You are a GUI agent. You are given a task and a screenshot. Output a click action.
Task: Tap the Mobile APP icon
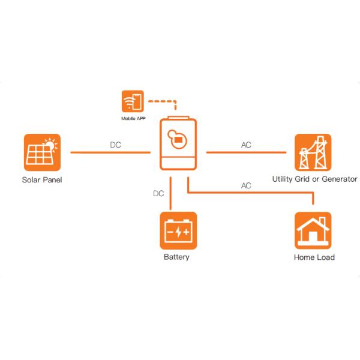coord(132,102)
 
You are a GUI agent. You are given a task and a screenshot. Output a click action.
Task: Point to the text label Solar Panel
coord(42,179)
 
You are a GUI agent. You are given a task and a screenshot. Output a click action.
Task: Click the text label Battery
coord(176,257)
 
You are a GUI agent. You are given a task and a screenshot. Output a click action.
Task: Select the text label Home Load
coord(314,257)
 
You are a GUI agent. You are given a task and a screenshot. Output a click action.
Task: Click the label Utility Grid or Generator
coord(314,179)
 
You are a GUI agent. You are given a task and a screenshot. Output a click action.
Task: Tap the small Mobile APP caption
coord(132,119)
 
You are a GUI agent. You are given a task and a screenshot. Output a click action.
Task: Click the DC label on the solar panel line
coord(116,145)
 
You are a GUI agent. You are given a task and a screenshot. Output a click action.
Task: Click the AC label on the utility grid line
coord(246,145)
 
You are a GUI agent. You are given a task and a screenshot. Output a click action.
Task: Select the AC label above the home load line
coord(246,186)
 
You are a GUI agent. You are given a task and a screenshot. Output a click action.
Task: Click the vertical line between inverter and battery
coord(172,193)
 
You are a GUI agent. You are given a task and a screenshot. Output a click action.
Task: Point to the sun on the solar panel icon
coord(52,143)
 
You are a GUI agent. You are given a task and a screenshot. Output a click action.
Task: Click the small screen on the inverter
coord(178,140)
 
